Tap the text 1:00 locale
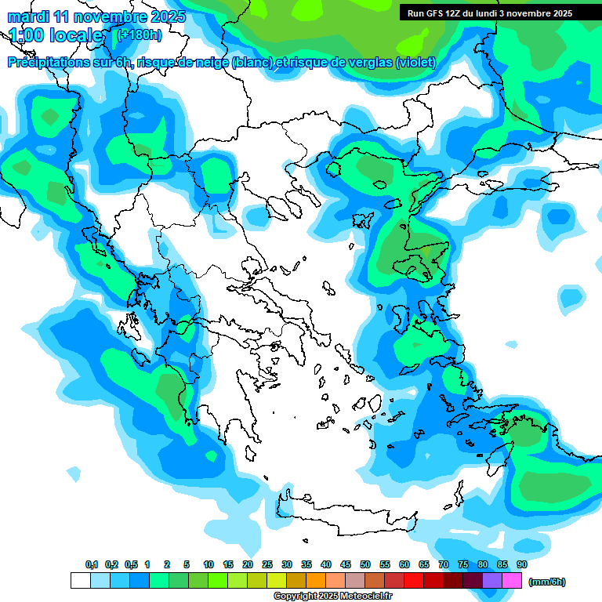pyautogui.click(x=56, y=35)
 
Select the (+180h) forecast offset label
pyautogui.click(x=139, y=34)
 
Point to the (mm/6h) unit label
pyautogui.click(x=546, y=582)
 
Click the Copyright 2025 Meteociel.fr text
pyautogui.click(x=333, y=597)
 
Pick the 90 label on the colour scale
pyautogui.click(x=521, y=564)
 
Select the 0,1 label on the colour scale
pyautogui.click(x=91, y=564)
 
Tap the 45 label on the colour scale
pyautogui.click(x=346, y=564)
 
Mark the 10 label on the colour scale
pyautogui.click(x=209, y=564)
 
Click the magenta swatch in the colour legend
pyautogui.click(x=512, y=581)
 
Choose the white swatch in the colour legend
pyautogui.click(x=80, y=581)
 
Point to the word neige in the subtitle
pyautogui.click(x=209, y=63)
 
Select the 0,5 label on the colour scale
pyautogui.click(x=130, y=564)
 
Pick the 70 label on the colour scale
pyautogui.click(x=444, y=564)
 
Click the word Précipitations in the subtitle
pyautogui.click(x=46, y=63)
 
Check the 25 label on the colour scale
pyautogui.click(x=267, y=564)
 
